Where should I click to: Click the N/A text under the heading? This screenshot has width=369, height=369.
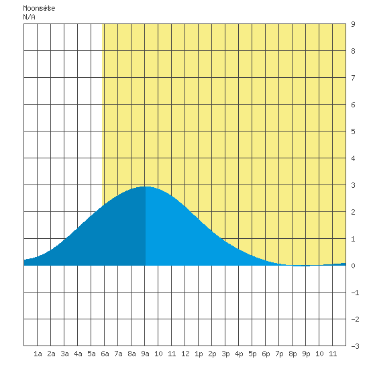point(29,17)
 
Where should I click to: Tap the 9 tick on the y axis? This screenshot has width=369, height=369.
point(353,24)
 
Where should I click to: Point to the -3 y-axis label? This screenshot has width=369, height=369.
point(355,346)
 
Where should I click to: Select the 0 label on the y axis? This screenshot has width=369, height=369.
point(353,266)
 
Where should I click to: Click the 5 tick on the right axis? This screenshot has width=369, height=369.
point(353,131)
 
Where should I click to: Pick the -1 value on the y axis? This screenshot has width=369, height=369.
point(355,293)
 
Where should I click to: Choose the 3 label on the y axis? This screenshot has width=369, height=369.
point(353,185)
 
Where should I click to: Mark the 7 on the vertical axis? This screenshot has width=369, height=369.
point(353,78)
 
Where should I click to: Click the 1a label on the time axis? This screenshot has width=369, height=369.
point(38,354)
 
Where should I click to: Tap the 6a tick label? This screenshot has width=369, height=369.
point(105,354)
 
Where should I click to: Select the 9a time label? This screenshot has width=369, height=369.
point(145,354)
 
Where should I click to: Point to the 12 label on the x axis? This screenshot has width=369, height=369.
point(185,354)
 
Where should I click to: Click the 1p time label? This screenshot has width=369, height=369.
point(199,354)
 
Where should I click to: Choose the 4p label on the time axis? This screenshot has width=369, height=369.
point(239,354)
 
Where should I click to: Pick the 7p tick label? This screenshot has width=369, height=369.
point(279,354)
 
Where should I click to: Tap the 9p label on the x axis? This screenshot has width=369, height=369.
point(306,354)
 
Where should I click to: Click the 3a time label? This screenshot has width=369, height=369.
point(64,354)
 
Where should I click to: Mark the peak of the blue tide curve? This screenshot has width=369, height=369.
point(146,187)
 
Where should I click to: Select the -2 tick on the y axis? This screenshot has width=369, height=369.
point(355,319)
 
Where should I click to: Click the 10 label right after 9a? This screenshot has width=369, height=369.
point(158,354)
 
